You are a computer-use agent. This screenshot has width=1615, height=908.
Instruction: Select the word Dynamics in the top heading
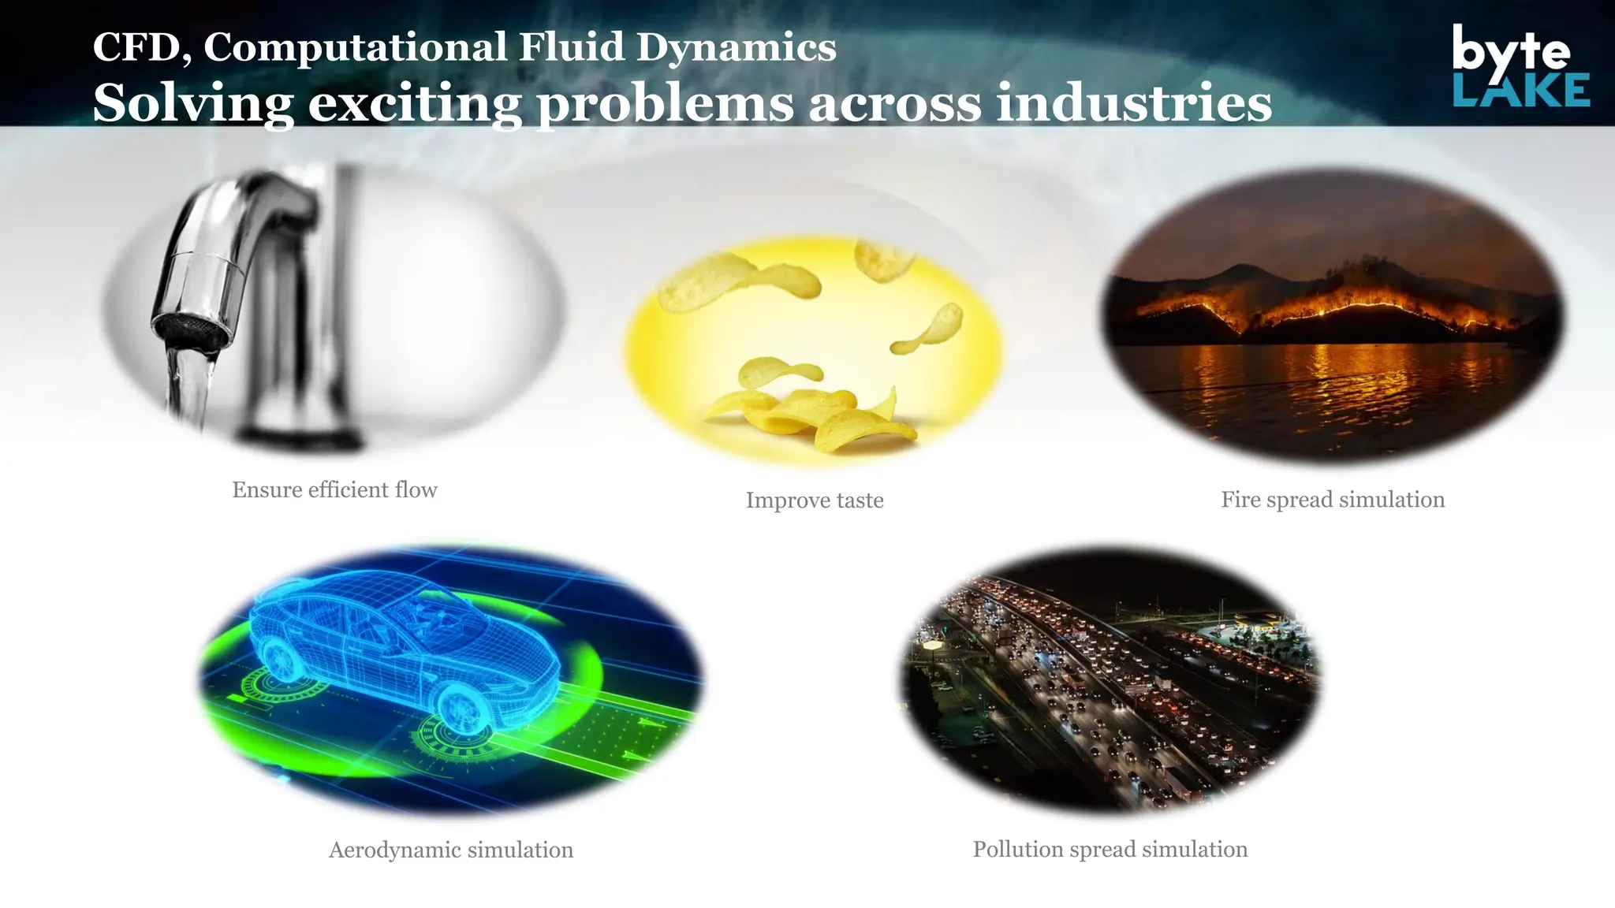(x=736, y=47)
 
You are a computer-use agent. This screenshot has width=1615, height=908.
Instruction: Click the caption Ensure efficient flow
(x=334, y=489)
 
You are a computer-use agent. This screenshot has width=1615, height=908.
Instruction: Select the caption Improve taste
(x=814, y=500)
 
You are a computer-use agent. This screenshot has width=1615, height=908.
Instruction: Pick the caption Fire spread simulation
(x=1332, y=499)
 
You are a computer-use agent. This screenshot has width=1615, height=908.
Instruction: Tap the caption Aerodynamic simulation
(x=450, y=850)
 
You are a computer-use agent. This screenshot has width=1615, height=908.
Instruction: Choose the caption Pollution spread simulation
(x=1110, y=849)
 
